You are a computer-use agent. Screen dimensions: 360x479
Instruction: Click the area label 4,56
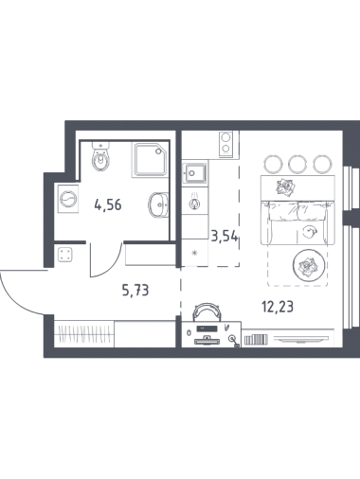pyautogui.click(x=108, y=205)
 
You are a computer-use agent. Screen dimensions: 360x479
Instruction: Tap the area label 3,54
pyautogui.click(x=225, y=236)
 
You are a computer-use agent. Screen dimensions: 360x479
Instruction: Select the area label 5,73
pyautogui.click(x=135, y=290)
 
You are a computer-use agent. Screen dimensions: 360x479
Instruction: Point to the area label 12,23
pyautogui.click(x=278, y=307)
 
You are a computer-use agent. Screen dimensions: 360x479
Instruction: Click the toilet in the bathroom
pyautogui.click(x=101, y=156)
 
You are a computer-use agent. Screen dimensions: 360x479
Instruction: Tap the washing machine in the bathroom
pyautogui.click(x=68, y=199)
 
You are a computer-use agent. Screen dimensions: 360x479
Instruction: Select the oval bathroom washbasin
pyautogui.click(x=157, y=205)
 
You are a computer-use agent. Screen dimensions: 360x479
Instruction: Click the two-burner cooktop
pyautogui.click(x=225, y=144)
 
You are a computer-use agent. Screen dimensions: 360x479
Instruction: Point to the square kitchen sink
pyautogui.click(x=195, y=172)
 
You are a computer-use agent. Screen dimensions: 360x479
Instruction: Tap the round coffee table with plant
pyautogui.click(x=309, y=266)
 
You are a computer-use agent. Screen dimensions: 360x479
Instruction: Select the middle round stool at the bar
pyautogui.click(x=297, y=164)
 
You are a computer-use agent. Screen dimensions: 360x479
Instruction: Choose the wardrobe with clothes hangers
pyautogui.click(x=83, y=334)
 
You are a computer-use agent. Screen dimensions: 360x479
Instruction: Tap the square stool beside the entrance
pyautogui.click(x=65, y=255)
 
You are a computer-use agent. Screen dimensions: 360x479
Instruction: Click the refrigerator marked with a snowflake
pyautogui.click(x=195, y=253)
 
